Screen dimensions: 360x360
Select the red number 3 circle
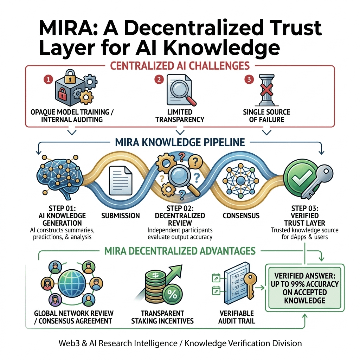click(249, 79)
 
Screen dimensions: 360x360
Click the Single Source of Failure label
click(266, 116)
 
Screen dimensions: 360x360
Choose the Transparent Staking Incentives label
click(162, 317)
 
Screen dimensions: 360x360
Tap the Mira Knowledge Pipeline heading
click(180, 142)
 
